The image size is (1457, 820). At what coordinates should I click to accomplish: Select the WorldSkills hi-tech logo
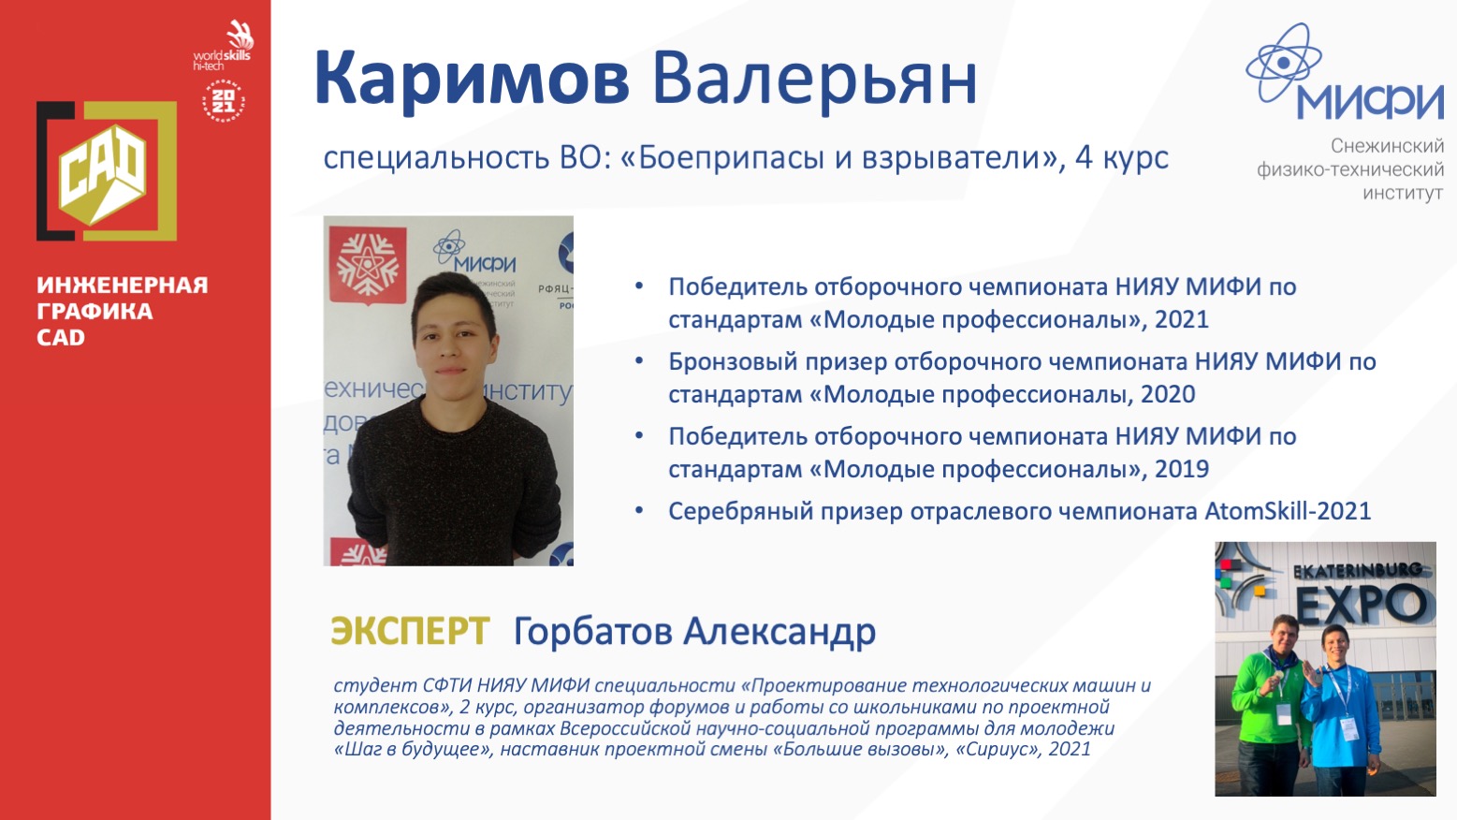223,46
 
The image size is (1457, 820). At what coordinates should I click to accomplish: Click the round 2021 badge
223,101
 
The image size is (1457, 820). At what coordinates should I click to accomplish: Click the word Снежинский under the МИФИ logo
1387,146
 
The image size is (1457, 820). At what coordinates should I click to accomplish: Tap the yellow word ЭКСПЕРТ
410,631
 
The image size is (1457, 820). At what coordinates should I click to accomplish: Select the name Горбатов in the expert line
592,631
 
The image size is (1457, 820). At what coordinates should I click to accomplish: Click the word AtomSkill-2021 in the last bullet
1288,511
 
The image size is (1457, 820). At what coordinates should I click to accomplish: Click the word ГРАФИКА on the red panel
95,311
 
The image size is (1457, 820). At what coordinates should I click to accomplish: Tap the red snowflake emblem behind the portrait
368,265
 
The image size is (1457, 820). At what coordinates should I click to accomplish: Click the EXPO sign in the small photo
1362,603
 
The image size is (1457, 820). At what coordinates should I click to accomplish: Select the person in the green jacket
1269,706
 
